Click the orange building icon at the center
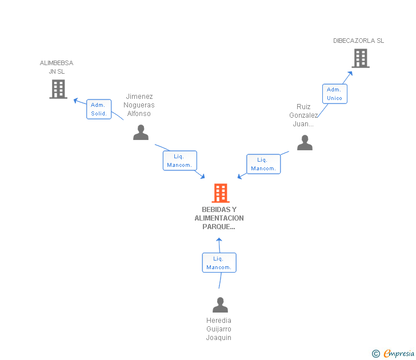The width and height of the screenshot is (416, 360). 221,193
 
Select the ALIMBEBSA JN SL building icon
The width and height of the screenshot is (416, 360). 58,89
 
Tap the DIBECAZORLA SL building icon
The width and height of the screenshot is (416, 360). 360,58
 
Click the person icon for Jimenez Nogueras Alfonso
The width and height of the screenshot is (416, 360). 141,133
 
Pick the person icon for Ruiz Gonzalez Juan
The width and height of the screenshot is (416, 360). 305,143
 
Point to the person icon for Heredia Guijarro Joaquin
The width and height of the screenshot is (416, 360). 220,305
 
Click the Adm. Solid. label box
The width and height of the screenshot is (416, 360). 99,109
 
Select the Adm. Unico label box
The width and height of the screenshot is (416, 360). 334,94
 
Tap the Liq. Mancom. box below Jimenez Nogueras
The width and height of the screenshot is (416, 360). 179,161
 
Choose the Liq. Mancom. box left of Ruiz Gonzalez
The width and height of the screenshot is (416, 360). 263,164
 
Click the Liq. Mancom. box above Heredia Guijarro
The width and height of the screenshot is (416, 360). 219,263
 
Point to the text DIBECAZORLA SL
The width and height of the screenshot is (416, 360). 359,41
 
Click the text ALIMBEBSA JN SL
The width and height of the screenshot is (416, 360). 57,67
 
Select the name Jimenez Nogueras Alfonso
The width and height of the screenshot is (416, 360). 139,105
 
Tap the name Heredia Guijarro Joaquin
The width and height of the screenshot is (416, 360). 219,329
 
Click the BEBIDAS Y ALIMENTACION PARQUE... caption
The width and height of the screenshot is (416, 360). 219,218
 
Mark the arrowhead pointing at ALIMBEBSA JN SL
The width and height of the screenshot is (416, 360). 75,100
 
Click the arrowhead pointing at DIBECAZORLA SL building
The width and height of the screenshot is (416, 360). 350,74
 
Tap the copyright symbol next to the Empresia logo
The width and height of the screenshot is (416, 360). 375,354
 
